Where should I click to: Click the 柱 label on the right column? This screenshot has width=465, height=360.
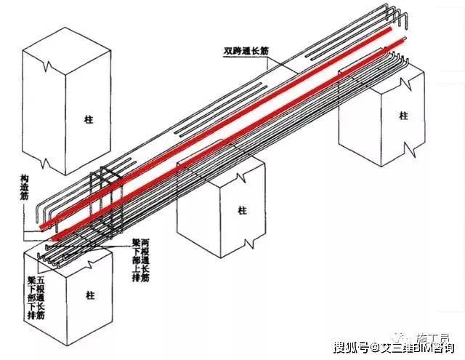403,116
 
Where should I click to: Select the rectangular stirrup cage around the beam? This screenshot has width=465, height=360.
105,204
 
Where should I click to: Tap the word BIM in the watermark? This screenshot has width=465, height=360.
418,347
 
